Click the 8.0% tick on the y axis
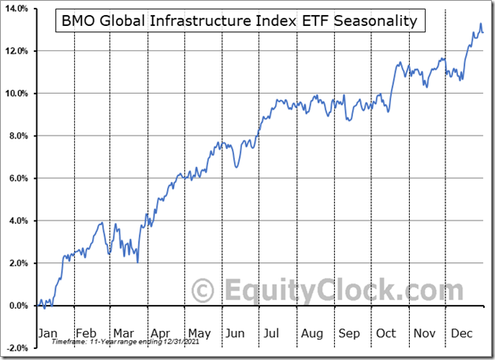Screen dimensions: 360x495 [17, 136]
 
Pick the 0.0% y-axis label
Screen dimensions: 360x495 [17, 306]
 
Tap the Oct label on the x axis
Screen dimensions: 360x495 [386, 332]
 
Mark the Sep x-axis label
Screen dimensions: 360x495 [349, 332]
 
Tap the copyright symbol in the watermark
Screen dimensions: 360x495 [203, 290]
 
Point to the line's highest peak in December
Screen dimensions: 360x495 [480, 25]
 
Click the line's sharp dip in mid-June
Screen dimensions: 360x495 [236, 167]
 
